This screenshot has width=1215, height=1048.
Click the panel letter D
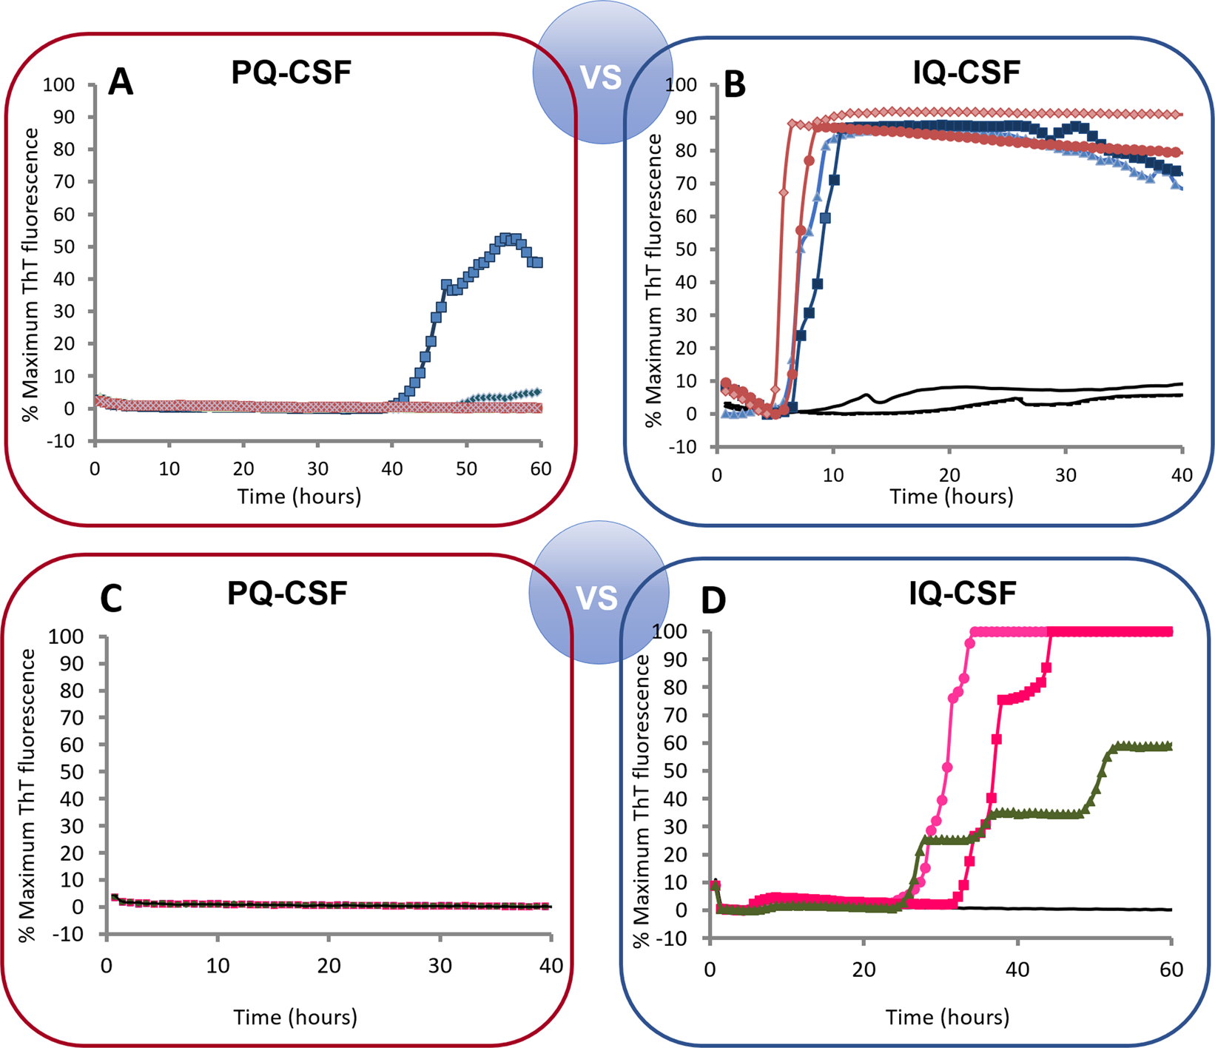coord(713,601)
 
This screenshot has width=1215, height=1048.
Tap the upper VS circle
coord(601,77)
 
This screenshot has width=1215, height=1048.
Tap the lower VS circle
coord(597,597)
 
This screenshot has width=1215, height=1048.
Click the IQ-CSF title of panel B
coord(966,73)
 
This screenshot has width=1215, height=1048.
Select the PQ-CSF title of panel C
coord(287,594)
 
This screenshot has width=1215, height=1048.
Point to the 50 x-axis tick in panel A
coord(466,469)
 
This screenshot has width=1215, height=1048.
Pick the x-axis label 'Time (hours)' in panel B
coord(951,497)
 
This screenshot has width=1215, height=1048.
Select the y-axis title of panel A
coord(31,274)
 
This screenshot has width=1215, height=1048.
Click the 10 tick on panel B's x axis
coord(833,475)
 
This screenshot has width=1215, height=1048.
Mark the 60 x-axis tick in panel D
coord(1171,970)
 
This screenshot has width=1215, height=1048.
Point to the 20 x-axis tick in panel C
coord(329,966)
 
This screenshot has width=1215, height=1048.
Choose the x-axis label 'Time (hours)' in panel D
coord(947,1018)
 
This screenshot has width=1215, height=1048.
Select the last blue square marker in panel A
coord(538,263)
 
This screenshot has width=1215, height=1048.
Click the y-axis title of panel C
coord(28,795)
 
